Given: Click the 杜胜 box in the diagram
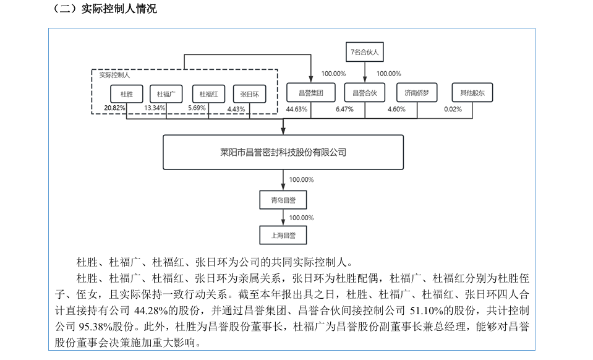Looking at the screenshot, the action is click(x=127, y=94).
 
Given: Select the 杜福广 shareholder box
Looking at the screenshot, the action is click(x=166, y=94).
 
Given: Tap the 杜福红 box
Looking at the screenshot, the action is click(x=208, y=94).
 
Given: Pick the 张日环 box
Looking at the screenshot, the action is click(x=250, y=94).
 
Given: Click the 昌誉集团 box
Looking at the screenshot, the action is click(x=311, y=93).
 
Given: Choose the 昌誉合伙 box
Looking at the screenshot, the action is click(x=365, y=93).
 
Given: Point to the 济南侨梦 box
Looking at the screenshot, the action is click(x=417, y=93).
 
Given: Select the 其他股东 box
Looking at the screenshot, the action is click(x=472, y=93).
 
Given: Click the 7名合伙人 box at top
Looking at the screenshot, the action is click(x=365, y=52).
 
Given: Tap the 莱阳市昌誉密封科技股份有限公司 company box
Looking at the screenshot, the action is click(x=283, y=152).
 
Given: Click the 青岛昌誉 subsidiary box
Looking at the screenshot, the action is click(x=283, y=200).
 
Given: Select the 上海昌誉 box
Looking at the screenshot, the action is click(x=283, y=235).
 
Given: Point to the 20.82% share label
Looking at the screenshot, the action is click(x=114, y=108).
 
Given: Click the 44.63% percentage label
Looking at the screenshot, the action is click(x=297, y=109).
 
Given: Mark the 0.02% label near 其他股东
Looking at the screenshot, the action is click(x=453, y=109).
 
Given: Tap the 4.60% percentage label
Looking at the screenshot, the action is click(x=396, y=109).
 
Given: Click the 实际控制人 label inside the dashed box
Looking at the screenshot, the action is click(x=114, y=75).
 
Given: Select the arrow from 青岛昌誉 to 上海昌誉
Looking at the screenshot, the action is click(x=283, y=218).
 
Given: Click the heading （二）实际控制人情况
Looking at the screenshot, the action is click(x=104, y=9).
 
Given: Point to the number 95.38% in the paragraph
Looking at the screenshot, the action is click(x=93, y=327).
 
